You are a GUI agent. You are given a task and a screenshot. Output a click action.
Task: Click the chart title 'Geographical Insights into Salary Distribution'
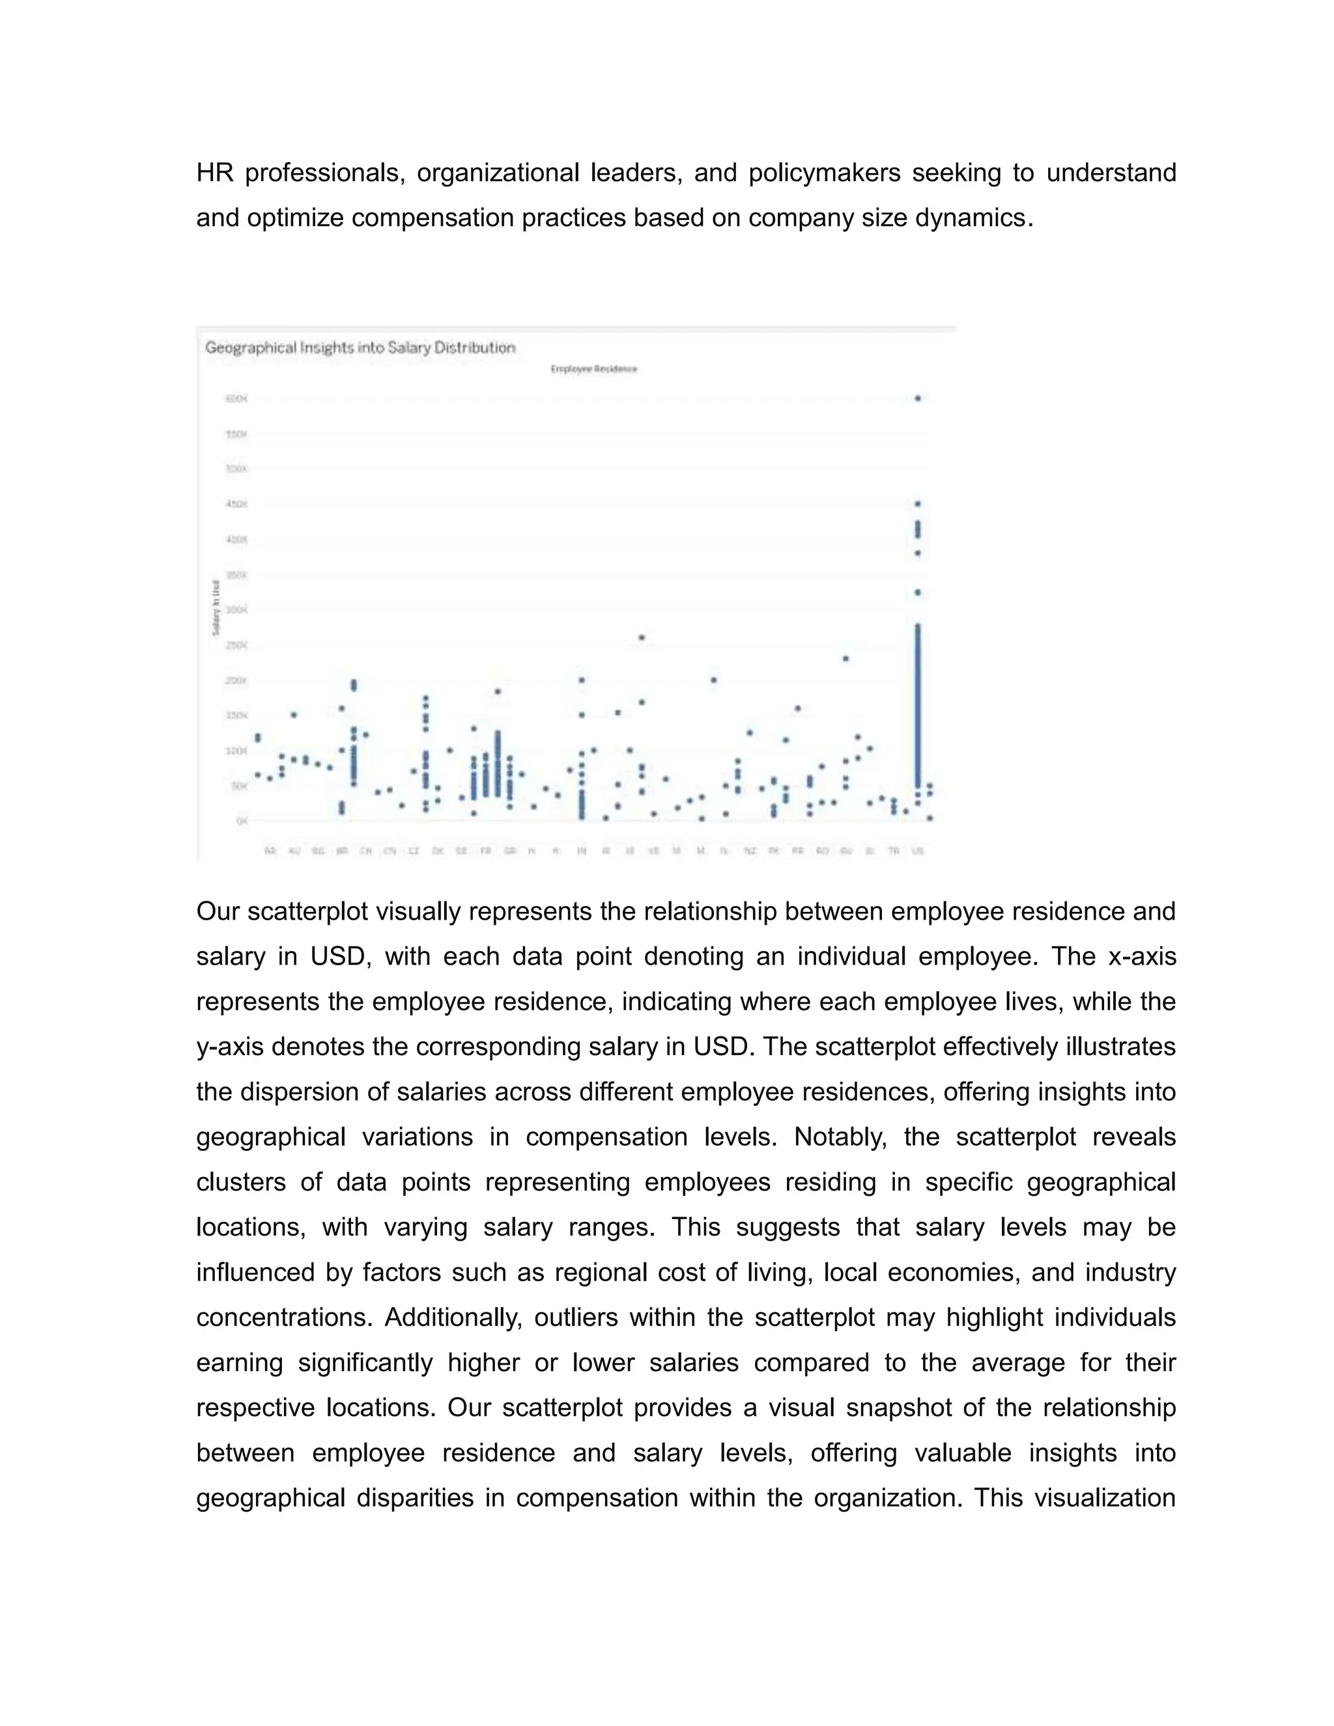[x=360, y=348]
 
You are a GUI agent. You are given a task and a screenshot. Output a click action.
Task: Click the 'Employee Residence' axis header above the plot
[x=593, y=369]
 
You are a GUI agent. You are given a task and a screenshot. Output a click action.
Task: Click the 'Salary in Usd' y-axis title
[x=215, y=608]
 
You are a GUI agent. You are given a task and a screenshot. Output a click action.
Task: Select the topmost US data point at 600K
[x=918, y=399]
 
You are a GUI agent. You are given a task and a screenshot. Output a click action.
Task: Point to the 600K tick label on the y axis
[x=236, y=399]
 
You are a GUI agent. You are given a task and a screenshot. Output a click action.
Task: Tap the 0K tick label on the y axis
[x=242, y=821]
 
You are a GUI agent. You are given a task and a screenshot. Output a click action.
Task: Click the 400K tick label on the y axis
[x=236, y=540]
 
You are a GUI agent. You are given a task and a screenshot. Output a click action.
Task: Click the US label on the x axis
[x=918, y=851]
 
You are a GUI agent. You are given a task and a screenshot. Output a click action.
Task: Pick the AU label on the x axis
[x=294, y=851]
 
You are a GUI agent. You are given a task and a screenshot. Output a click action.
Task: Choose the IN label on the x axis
[x=582, y=851]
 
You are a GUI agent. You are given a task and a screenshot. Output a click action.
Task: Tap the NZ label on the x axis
[x=750, y=851]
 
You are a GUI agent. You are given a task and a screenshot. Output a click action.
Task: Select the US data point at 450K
[x=918, y=503]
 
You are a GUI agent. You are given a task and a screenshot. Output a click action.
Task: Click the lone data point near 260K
[x=642, y=637]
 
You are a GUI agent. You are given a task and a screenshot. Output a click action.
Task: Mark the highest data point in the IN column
[x=582, y=679]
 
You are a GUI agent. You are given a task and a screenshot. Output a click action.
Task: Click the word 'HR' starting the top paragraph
[x=214, y=173]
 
